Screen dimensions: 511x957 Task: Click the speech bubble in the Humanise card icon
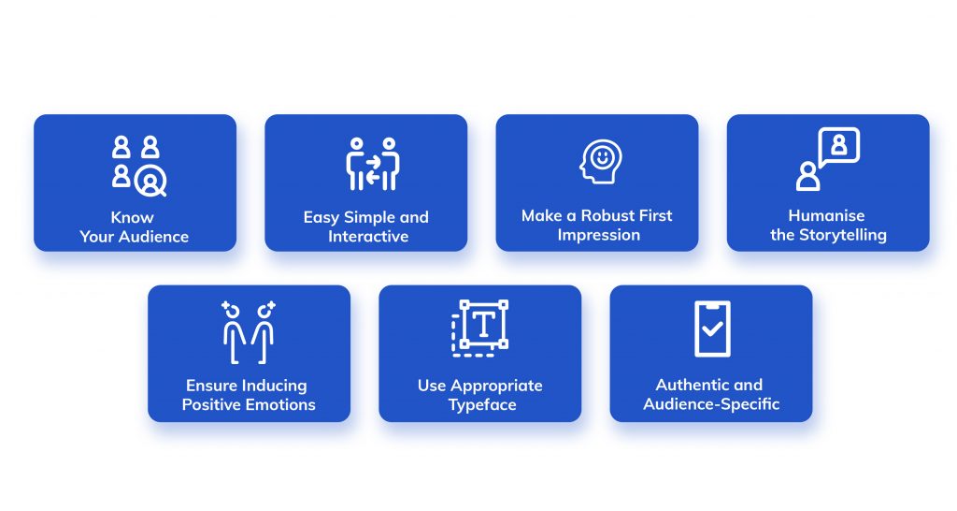click(838, 146)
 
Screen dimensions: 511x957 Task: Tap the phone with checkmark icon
click(712, 328)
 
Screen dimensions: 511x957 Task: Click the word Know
click(134, 217)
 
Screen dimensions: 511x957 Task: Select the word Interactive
click(367, 237)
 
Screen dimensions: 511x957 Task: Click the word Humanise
click(827, 216)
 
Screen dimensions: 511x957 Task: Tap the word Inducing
click(275, 386)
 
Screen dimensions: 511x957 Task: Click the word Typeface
click(482, 405)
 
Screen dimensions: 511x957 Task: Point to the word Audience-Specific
click(711, 404)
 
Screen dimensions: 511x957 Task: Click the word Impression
click(598, 236)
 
